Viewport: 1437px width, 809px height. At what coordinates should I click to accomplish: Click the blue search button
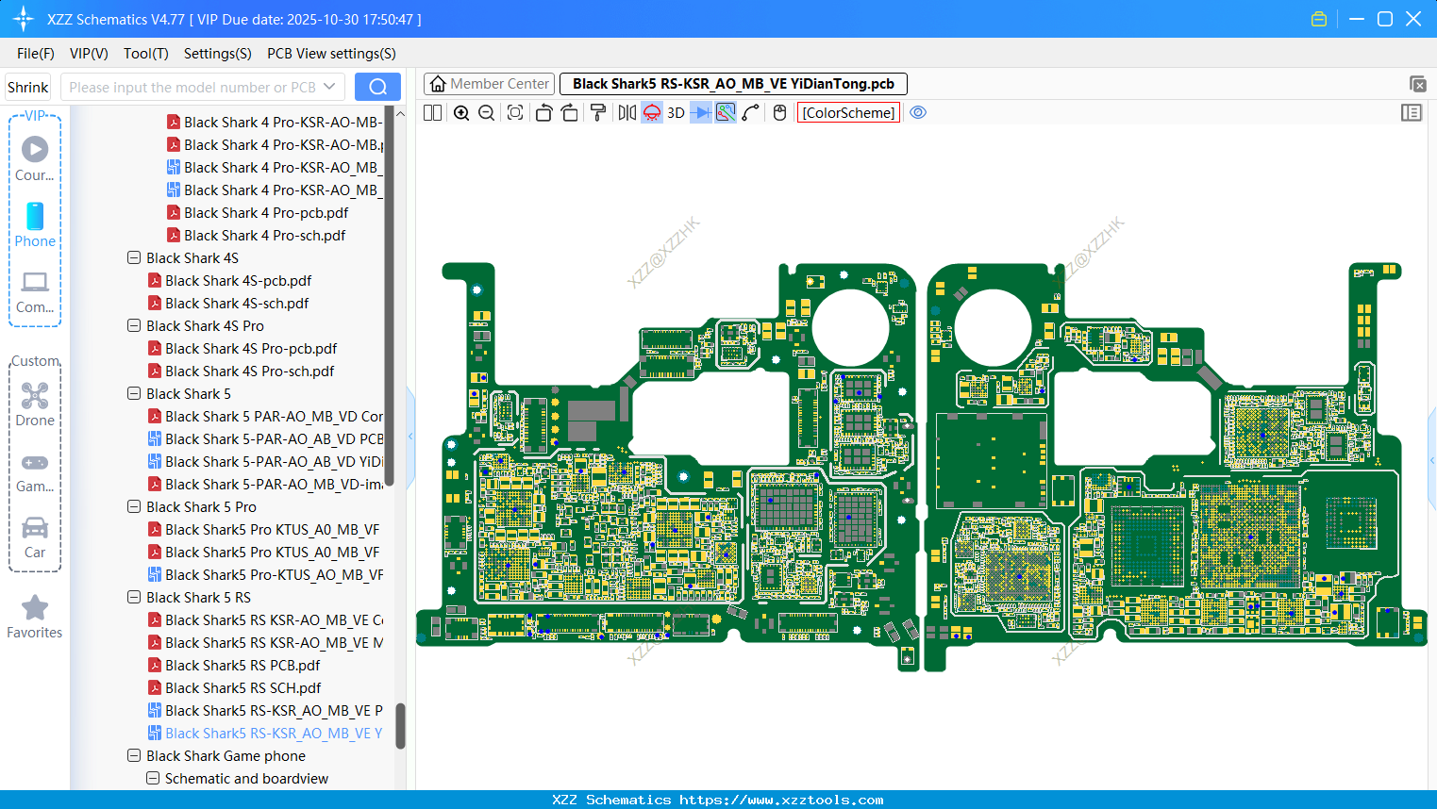point(377,87)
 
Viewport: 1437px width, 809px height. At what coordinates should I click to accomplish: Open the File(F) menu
point(36,54)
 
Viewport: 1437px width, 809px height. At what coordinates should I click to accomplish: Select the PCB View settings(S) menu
point(331,54)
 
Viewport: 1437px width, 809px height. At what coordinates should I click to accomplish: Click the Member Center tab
point(490,84)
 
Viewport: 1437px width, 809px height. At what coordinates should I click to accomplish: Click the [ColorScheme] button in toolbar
point(848,113)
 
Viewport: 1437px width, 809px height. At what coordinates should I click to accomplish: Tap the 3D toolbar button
point(676,113)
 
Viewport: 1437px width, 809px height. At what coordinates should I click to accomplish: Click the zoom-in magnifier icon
point(461,113)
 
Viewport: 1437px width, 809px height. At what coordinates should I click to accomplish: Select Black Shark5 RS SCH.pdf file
point(242,688)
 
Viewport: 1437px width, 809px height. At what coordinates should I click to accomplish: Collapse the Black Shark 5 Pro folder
point(134,507)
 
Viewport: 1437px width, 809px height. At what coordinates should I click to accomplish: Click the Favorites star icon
point(35,608)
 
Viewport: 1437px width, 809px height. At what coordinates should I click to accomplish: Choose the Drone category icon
point(35,396)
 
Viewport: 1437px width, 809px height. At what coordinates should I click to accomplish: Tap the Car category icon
point(35,528)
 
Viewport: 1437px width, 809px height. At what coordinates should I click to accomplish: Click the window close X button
point(1413,19)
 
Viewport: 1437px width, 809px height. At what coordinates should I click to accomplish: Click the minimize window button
point(1357,19)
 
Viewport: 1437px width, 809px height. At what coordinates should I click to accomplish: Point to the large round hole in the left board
point(850,327)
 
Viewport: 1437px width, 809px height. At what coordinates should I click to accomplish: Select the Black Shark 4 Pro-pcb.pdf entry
point(266,213)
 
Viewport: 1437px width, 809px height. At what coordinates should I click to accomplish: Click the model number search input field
point(192,88)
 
